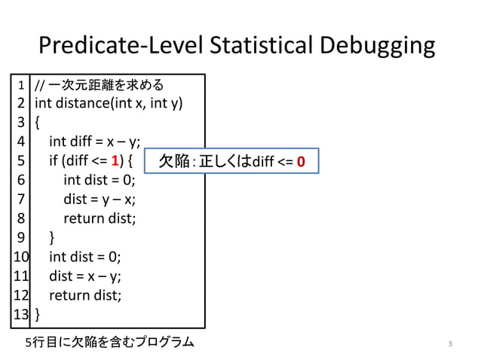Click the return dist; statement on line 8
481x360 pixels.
click(x=100, y=218)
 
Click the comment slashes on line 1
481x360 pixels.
click(x=41, y=83)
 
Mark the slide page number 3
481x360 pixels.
click(x=449, y=344)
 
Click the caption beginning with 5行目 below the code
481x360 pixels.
click(x=109, y=343)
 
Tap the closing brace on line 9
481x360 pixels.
click(x=52, y=237)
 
